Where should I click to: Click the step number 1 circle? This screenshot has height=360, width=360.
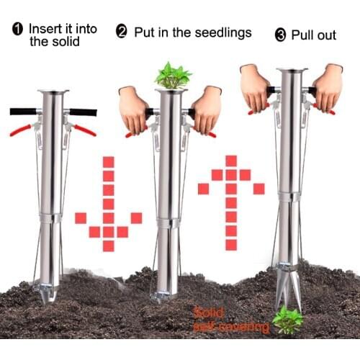click(x=17, y=30)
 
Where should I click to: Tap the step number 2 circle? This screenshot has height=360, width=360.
click(x=122, y=32)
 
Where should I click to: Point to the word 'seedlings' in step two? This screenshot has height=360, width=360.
click(x=221, y=32)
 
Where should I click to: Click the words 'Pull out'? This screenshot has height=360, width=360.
click(x=313, y=35)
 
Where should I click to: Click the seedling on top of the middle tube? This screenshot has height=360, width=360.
click(x=173, y=76)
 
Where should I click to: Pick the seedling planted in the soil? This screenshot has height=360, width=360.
click(x=287, y=320)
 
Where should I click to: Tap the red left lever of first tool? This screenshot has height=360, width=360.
click(x=22, y=130)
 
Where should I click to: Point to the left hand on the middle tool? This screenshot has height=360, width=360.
click(x=134, y=108)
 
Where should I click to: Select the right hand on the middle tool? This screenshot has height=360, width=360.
click(x=207, y=108)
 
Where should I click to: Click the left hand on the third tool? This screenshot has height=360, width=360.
click(x=255, y=85)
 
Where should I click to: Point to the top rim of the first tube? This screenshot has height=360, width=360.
click(x=53, y=91)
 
